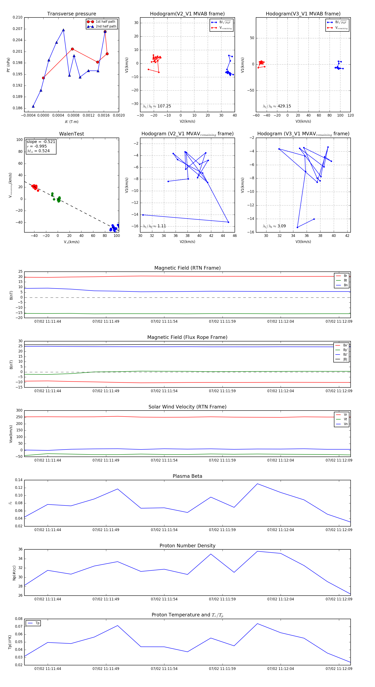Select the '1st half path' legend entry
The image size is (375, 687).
pos(105,22)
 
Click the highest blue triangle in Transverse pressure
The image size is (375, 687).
pos(63,30)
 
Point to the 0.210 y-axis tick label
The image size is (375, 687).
pos(18,17)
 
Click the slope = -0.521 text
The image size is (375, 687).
pos(41,142)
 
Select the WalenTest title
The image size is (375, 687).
pos(71,134)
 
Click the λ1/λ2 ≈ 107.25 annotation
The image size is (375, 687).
pos(157,106)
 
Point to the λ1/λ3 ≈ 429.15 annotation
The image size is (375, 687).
pos(277,106)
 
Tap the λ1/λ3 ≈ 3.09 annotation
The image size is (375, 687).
pos(274,226)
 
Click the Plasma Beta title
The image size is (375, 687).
pos(187,476)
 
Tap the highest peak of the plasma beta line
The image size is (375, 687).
pos(257,484)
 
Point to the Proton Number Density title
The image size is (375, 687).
pos(187,546)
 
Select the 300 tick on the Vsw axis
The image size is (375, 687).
pos(19,411)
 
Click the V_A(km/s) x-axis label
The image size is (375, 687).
pos(71,242)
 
